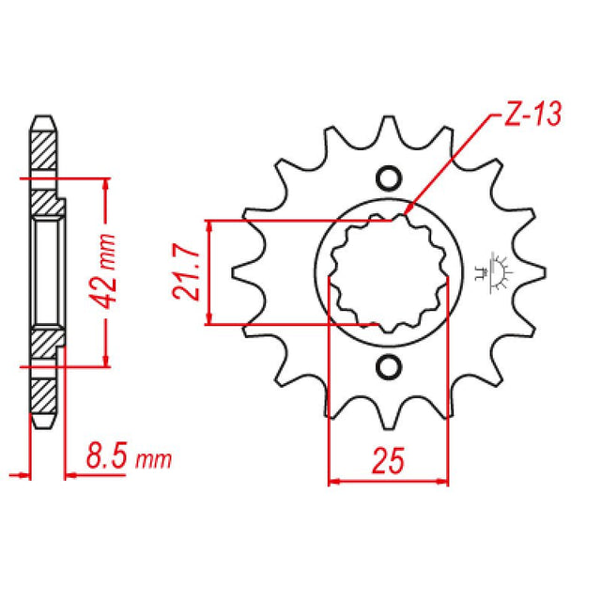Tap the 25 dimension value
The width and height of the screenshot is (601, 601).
[388, 461]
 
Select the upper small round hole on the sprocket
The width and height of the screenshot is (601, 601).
[388, 178]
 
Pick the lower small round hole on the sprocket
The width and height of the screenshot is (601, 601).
[388, 366]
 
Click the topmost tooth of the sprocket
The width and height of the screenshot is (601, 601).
[388, 127]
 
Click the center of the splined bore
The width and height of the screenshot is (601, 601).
[388, 272]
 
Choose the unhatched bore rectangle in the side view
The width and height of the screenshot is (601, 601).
[47, 272]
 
